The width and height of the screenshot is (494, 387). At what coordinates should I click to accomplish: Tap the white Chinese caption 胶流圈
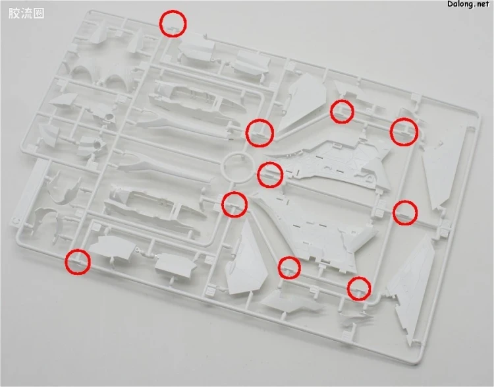pyautogui.click(x=26, y=14)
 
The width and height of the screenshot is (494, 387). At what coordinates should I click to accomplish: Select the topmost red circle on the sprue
pyautogui.click(x=173, y=24)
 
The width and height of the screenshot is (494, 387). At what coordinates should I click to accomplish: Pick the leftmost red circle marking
pyautogui.click(x=78, y=262)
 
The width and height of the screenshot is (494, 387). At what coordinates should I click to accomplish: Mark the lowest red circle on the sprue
pyautogui.click(x=359, y=288)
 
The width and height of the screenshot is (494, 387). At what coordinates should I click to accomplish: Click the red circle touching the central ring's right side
pyautogui.click(x=270, y=175)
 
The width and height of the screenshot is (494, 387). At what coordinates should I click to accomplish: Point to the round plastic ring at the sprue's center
pyautogui.click(x=238, y=167)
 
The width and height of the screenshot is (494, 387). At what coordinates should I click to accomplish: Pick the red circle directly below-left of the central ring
pyautogui.click(x=234, y=204)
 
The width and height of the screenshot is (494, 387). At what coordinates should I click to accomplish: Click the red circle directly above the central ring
pyautogui.click(x=260, y=133)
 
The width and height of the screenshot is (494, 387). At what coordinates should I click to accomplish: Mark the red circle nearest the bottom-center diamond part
pyautogui.click(x=290, y=268)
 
